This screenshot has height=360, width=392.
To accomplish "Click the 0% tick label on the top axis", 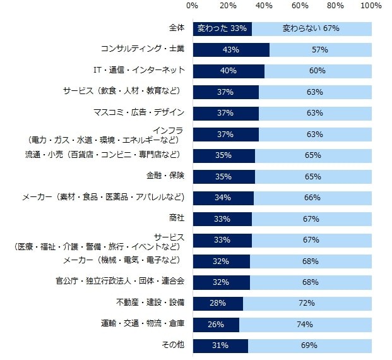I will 193,6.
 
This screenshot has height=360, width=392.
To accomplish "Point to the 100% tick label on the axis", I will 371,6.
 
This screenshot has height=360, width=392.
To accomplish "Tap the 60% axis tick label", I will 300,6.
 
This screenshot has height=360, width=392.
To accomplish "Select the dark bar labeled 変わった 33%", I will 222,29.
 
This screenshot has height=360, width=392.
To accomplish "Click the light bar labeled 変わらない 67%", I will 311,29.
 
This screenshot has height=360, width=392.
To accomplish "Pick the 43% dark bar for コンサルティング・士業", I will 231,50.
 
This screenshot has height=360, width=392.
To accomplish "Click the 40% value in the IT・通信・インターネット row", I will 228,71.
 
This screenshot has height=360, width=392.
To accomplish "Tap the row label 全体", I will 176,28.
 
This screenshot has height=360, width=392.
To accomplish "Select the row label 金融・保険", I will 167,176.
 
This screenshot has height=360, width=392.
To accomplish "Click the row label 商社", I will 176,219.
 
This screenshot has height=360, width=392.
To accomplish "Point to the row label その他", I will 174,345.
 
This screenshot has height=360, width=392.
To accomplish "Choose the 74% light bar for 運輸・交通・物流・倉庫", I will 305,325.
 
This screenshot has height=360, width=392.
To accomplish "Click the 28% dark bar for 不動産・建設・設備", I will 218,303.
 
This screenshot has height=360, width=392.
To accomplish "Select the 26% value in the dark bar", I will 216,325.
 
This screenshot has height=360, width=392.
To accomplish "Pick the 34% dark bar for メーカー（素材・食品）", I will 223,198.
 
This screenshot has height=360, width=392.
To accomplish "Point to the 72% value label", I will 307,303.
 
